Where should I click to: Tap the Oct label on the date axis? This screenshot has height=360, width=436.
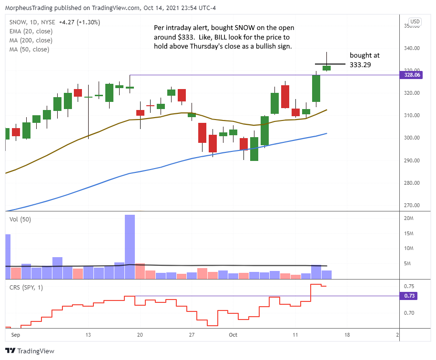pyautogui.click(x=233, y=335)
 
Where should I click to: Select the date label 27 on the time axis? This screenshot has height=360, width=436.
pyautogui.click(x=192, y=335)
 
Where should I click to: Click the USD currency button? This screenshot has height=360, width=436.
pyautogui.click(x=415, y=21)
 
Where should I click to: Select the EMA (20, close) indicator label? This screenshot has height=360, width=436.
pyautogui.click(x=31, y=30)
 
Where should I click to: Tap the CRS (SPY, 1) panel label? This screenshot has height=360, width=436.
pyautogui.click(x=29, y=288)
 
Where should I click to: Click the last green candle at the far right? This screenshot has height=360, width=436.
pyautogui.click(x=326, y=68)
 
